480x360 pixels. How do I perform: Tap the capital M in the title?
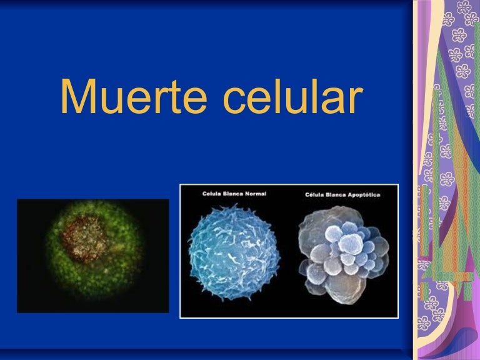[x=78, y=97]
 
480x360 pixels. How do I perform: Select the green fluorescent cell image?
[x=93, y=255]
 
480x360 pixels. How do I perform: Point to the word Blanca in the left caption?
[x=231, y=194]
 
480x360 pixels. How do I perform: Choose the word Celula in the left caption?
[x=211, y=194]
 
